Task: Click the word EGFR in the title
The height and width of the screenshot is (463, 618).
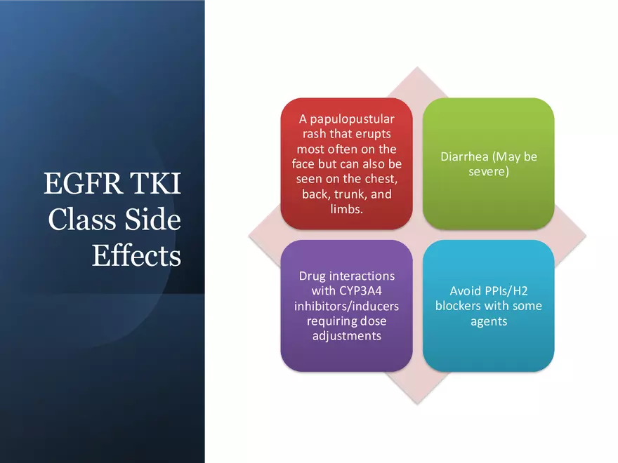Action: point(82,183)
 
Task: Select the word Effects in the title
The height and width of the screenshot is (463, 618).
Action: point(136,255)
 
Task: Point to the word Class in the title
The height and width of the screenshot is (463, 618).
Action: point(82,219)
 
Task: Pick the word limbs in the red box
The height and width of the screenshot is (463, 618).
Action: point(346,208)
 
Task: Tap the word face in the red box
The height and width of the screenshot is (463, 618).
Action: point(303,163)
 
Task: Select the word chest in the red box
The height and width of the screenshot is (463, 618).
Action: point(379,179)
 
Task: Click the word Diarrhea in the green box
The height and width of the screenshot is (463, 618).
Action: point(464,156)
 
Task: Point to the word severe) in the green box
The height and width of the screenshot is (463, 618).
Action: point(489,172)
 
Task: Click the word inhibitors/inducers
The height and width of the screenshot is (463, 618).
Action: point(346,306)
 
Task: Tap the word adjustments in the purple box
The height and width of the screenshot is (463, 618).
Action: point(347,336)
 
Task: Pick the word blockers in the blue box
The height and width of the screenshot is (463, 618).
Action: point(459,306)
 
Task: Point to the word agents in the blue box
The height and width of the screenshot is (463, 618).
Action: point(489,322)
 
